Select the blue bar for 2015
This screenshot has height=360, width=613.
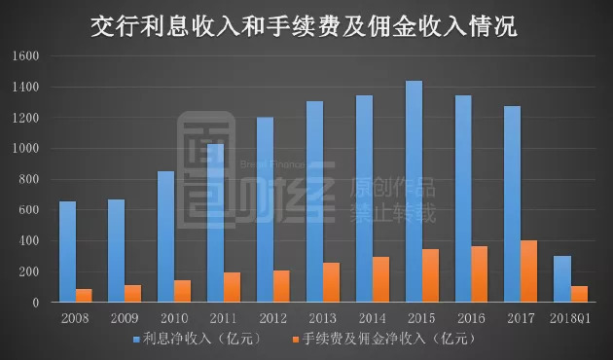click(414, 192)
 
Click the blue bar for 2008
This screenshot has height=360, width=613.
click(67, 252)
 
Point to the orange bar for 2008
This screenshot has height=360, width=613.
click(84, 296)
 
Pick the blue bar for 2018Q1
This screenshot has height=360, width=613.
click(561, 279)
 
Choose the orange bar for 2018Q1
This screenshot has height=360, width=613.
click(578, 295)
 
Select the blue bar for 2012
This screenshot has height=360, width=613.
click(265, 210)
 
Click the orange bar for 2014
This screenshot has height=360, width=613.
click(380, 280)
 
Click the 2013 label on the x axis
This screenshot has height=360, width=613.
click(322, 318)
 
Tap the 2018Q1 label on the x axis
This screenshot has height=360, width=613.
click(569, 318)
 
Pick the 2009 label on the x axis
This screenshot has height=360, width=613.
click(125, 318)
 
